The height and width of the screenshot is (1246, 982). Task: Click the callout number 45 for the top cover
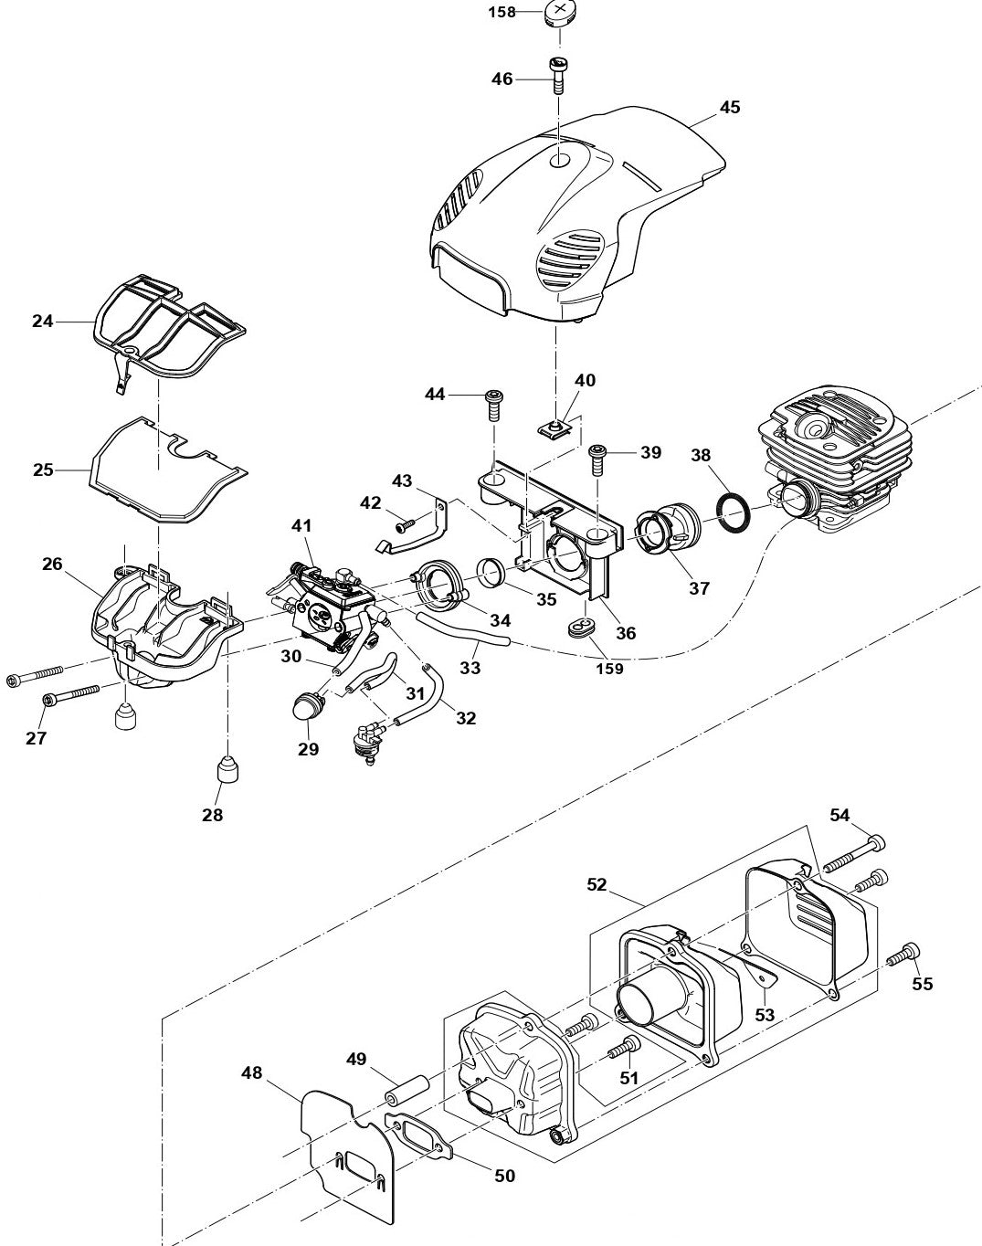click(x=729, y=107)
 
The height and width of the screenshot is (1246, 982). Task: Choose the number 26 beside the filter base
click(x=52, y=564)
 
